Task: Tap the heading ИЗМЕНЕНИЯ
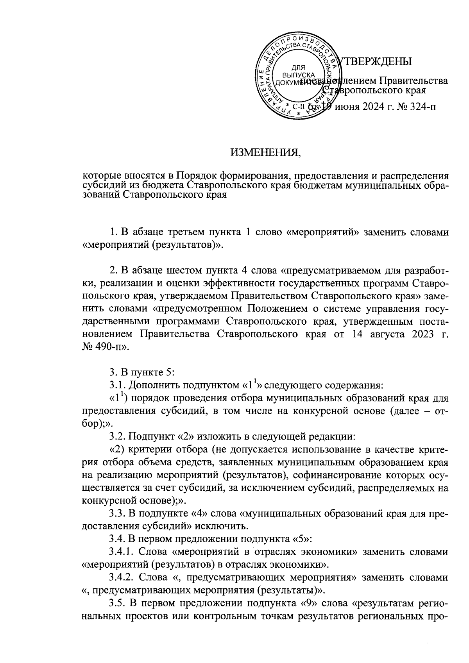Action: pos(265,152)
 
